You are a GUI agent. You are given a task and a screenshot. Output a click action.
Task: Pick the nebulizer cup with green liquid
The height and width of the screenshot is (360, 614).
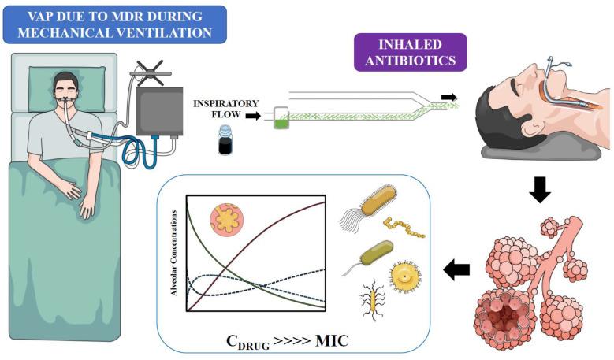click(280, 118)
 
